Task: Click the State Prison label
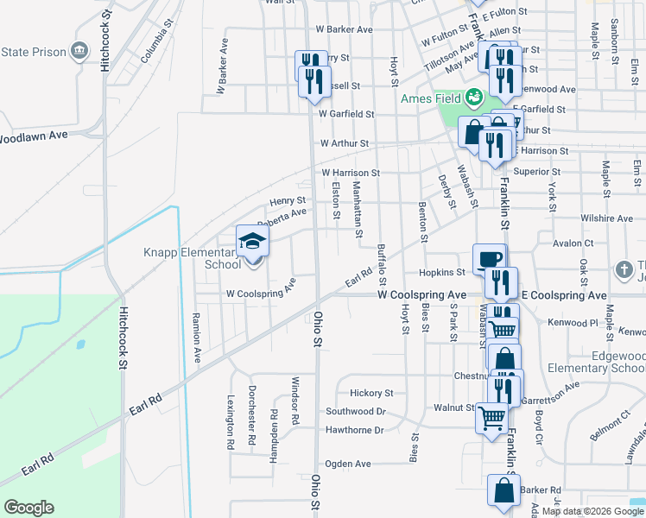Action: [34, 52]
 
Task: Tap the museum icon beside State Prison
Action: [79, 51]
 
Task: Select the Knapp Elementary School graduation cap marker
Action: [253, 241]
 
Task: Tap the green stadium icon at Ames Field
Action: [473, 98]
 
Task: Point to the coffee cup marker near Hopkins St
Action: [489, 259]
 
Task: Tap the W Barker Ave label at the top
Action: [343, 29]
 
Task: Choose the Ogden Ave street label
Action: [348, 464]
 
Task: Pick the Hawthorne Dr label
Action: [354, 430]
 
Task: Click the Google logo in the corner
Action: [28, 508]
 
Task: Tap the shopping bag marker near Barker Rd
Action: [504, 490]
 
